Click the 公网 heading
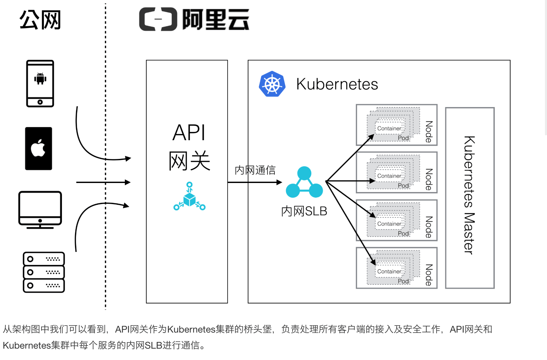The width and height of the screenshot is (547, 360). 40,20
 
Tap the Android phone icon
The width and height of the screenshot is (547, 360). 40,83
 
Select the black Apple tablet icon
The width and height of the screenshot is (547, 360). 38,149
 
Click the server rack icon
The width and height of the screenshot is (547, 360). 44,272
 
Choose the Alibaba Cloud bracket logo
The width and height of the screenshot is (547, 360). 158,19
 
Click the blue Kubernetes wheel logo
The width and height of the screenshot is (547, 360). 272,84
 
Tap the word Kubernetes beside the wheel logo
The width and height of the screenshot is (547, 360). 337,84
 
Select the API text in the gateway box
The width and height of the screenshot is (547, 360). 189,133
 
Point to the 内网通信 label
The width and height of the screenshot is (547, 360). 255,170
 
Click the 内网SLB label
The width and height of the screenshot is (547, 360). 304,211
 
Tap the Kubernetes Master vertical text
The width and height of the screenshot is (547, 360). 469,195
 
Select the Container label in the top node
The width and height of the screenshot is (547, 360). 389,128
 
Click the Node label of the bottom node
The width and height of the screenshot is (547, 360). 429,275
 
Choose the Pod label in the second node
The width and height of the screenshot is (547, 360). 403,185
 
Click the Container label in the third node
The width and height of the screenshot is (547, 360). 389,224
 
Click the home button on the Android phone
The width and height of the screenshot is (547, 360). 40,102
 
